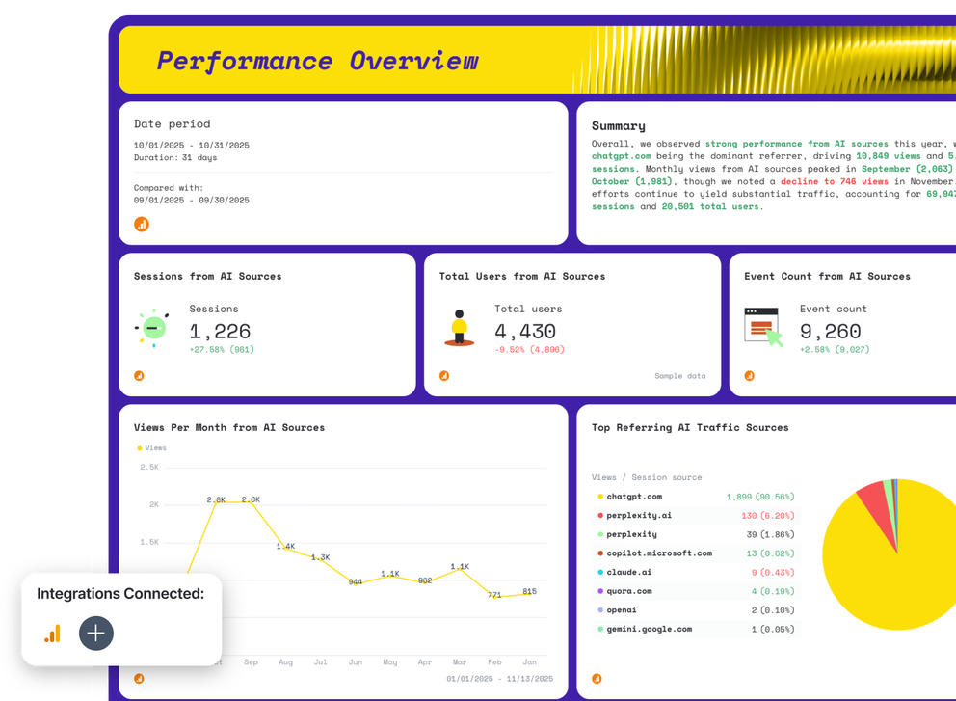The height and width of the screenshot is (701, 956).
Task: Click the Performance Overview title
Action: (317, 61)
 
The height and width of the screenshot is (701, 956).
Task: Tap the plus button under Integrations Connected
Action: (96, 634)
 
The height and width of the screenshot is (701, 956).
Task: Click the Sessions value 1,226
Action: (220, 333)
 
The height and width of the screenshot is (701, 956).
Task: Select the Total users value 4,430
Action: (526, 333)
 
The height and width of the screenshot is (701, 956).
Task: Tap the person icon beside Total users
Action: (460, 328)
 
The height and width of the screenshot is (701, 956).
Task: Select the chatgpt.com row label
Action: (635, 497)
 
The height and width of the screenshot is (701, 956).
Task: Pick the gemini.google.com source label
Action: (649, 629)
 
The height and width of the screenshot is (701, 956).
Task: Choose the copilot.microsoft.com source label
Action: (659, 553)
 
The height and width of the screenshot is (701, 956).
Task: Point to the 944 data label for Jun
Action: (356, 581)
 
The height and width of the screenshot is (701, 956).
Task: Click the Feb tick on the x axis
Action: (494, 663)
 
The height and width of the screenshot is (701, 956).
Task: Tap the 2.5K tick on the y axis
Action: (148, 467)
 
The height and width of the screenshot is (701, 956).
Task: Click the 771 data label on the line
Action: (494, 595)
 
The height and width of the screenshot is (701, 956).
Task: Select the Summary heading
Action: (619, 125)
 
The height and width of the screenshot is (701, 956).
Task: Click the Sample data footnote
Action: (680, 376)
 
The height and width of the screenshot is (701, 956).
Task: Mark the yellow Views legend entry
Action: (152, 447)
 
